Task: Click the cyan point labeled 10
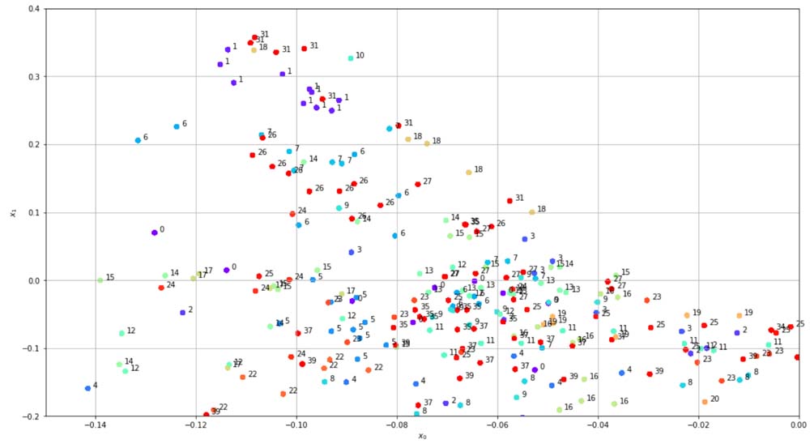(351, 58)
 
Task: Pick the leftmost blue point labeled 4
(87, 389)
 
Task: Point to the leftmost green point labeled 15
(100, 280)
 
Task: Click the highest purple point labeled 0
(154, 233)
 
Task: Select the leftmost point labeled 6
(138, 140)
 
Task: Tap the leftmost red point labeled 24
(161, 288)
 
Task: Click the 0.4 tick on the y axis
(45, 9)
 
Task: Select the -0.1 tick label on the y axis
(30, 349)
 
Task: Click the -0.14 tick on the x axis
(96, 417)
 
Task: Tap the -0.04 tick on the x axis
(598, 417)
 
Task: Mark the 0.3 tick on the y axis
(45, 77)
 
